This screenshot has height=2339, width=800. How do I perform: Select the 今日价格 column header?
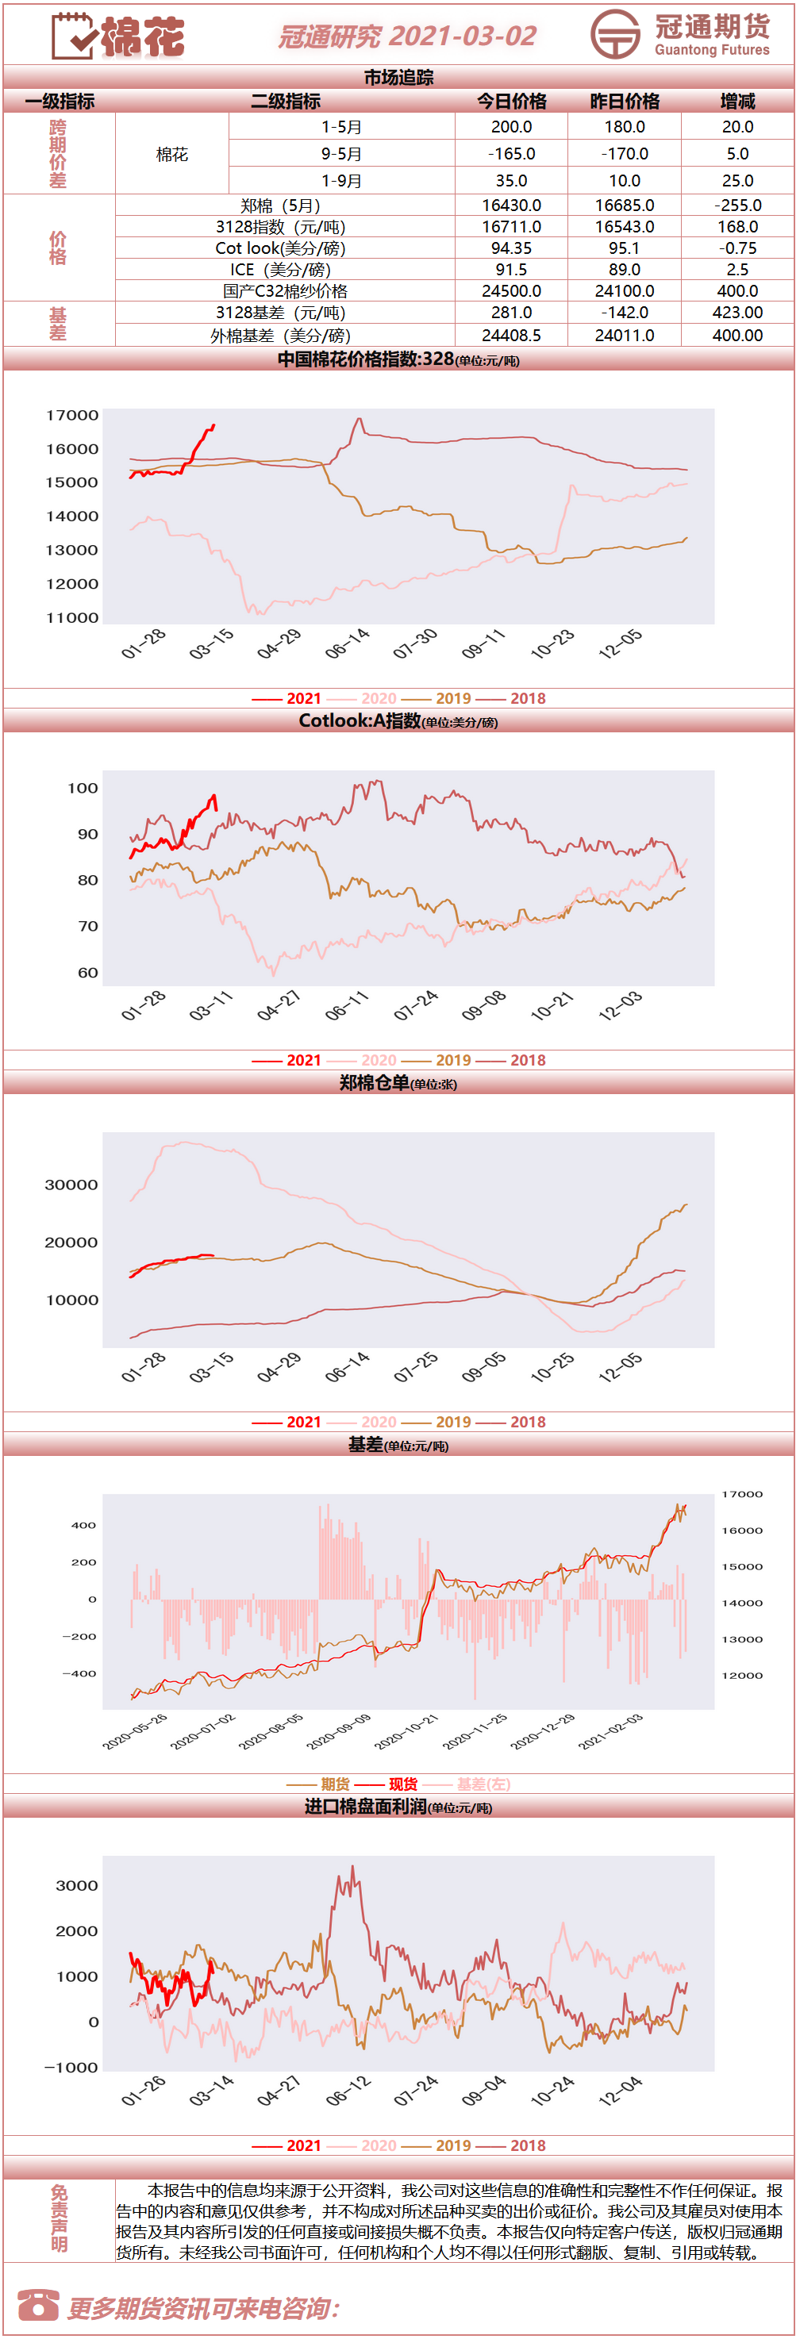pos(512,101)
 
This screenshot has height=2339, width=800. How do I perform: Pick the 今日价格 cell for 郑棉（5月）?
pos(512,206)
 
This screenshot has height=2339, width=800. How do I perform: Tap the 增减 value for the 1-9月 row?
pos(737,181)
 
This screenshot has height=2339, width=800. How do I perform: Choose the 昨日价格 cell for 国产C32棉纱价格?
pos(625,291)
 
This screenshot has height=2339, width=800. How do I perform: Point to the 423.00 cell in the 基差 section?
pos(737,313)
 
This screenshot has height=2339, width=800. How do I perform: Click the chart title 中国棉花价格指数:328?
pos(365,359)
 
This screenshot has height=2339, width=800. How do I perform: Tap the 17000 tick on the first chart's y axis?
pos(73,416)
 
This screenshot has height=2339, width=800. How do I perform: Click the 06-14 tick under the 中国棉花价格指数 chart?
pos(348,643)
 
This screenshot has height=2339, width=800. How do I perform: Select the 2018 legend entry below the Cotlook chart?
pos(528,1060)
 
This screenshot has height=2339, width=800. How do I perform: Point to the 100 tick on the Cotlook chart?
pos(83,788)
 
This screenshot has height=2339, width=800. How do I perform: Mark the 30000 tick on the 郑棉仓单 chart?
pos(71,1185)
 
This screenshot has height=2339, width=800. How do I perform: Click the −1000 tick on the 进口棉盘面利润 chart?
pos(71,2068)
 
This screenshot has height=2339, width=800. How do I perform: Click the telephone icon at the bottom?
pos(38,2306)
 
